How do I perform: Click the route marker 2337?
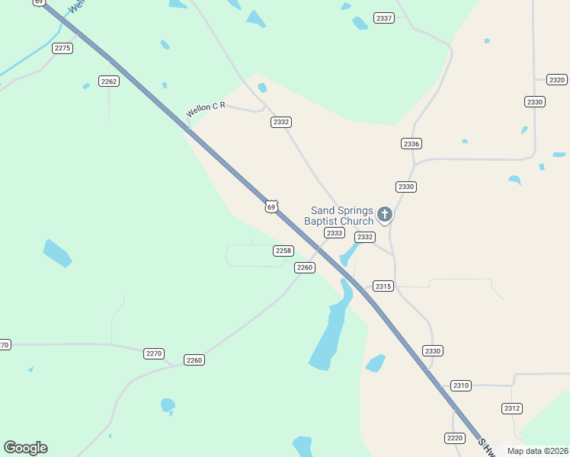[384, 18]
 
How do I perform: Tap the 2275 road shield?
[62, 48]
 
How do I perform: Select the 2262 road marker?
[109, 81]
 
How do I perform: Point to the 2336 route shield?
[411, 143]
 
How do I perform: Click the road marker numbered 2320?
[557, 80]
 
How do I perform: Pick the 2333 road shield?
[334, 233]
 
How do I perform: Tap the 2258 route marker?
[283, 251]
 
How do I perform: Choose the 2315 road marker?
[383, 286]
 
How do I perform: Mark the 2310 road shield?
[461, 385]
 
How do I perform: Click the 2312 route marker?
[512, 408]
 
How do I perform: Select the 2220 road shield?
[454, 437]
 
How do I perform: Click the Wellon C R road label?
[206, 110]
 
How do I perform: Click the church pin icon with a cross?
[385, 214]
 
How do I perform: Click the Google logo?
[25, 448]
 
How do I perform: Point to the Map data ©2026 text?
[537, 451]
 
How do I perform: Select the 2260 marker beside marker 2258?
[305, 267]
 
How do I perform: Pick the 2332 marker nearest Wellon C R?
[281, 122]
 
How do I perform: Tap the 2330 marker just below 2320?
[535, 101]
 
